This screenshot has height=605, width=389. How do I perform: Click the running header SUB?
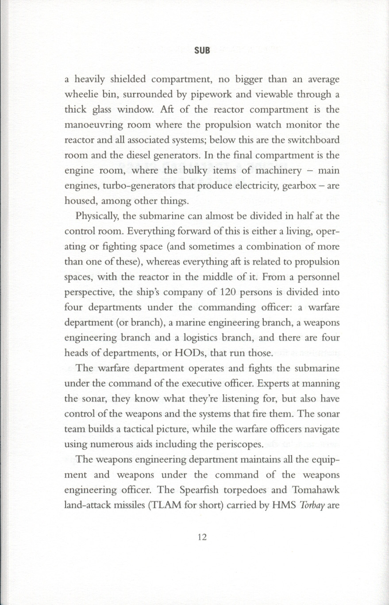click(x=201, y=50)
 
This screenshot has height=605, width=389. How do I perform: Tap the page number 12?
click(x=202, y=537)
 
